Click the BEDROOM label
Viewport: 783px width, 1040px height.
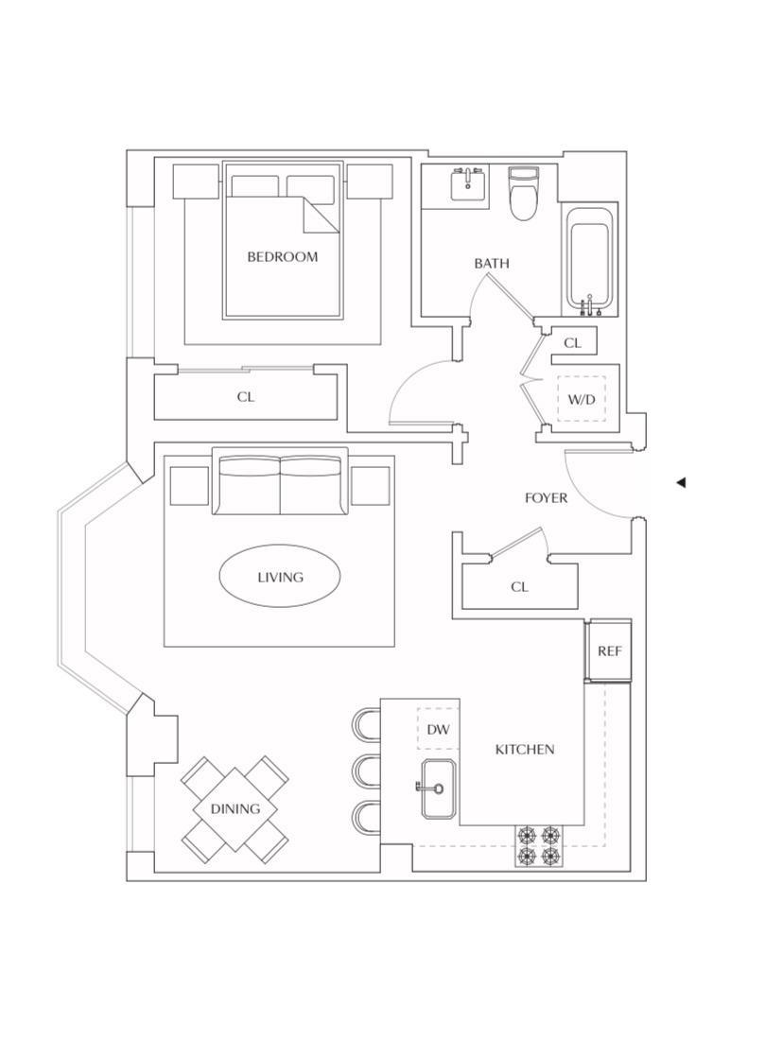(282, 257)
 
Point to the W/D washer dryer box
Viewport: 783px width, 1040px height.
(581, 399)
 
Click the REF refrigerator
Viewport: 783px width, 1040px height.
(609, 651)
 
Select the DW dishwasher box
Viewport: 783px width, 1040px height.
(437, 729)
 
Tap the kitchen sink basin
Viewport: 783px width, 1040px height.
(438, 789)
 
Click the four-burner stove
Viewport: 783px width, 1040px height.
(538, 845)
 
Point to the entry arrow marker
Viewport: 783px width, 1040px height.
(681, 483)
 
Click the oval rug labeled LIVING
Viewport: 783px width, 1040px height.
(280, 577)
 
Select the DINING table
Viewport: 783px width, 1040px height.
(235, 809)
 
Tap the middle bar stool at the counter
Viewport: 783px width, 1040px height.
(367, 771)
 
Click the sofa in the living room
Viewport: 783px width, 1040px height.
(281, 483)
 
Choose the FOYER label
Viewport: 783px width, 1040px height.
(547, 498)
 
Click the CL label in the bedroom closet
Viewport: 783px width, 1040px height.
(246, 397)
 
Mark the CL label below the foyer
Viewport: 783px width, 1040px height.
(519, 587)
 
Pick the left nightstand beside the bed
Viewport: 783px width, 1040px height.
(196, 181)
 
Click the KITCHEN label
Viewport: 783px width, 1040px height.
(525, 750)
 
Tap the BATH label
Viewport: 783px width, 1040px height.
(492, 264)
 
